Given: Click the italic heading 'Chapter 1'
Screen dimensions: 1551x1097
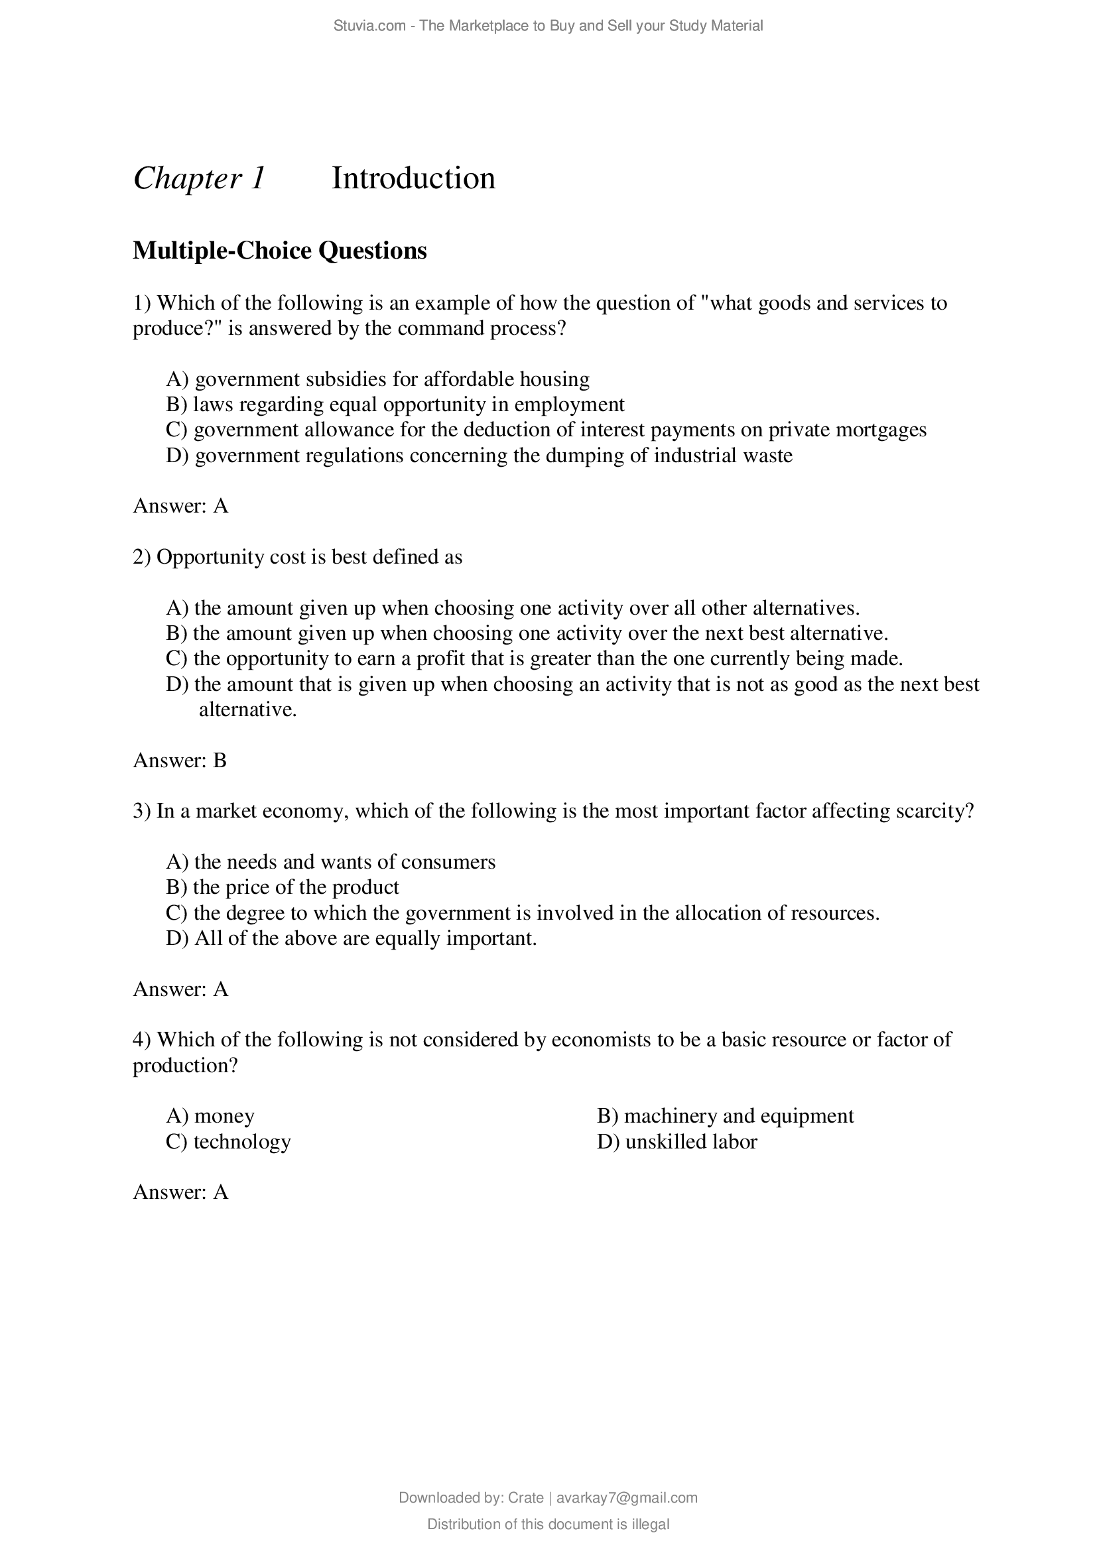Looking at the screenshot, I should click(199, 179).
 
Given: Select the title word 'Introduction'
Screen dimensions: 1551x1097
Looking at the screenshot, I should click(413, 179).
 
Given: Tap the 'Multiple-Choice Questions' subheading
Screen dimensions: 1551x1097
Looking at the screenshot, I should click(280, 251).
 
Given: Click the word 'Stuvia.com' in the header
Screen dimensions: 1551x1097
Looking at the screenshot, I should click(369, 26).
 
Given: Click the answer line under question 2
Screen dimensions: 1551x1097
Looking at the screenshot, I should click(180, 761).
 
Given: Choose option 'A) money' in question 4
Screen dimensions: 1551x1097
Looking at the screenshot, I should click(210, 1115).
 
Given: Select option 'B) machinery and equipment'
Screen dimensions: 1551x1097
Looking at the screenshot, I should click(725, 1115).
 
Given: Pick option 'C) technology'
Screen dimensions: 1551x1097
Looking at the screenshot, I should click(228, 1141).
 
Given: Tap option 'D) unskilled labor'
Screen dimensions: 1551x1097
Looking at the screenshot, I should click(677, 1141).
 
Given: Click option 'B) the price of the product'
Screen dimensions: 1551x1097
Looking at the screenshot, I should click(283, 887).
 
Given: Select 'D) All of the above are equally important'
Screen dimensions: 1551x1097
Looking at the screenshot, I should click(352, 938).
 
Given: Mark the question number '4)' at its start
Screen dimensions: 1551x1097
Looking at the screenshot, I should click(142, 1039).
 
